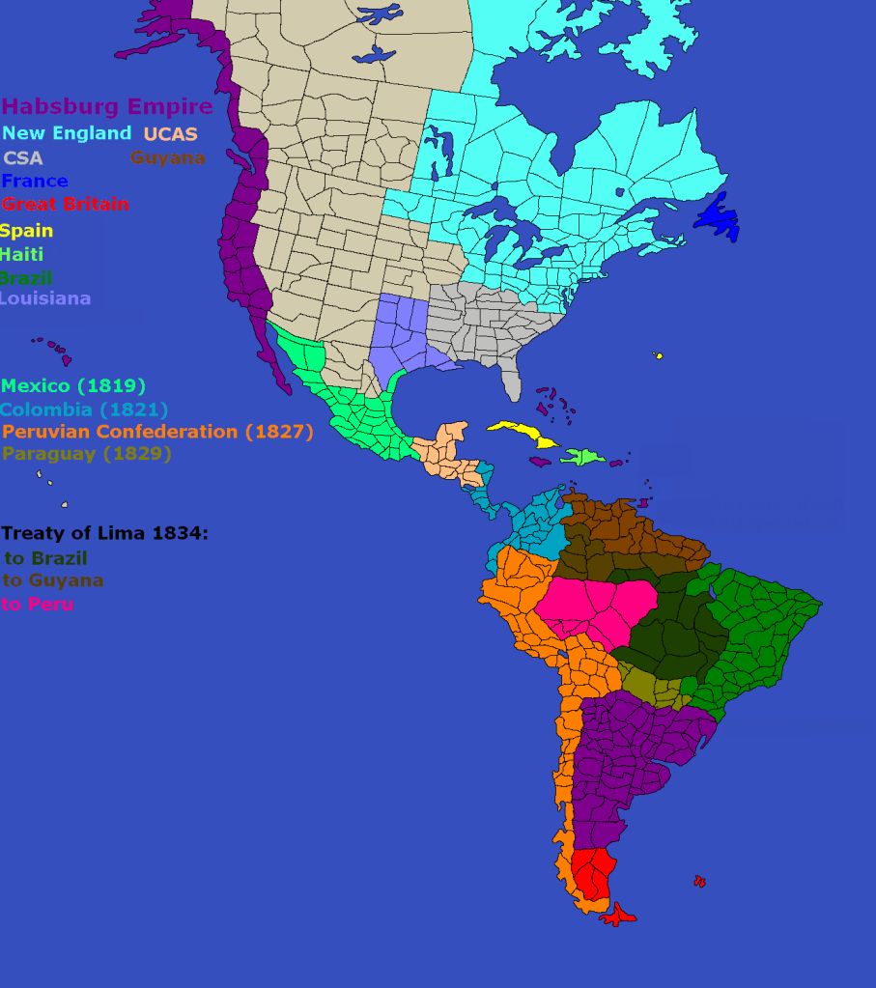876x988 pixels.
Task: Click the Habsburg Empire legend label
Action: tap(107, 106)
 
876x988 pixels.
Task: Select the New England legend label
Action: tap(67, 133)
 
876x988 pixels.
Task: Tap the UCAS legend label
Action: tap(170, 134)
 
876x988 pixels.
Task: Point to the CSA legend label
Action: tap(22, 158)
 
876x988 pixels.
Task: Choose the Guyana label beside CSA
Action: tap(167, 157)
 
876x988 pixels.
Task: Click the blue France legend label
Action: tap(35, 182)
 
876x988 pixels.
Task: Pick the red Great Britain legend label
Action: tap(65, 205)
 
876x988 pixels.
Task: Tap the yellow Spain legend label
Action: tap(26, 232)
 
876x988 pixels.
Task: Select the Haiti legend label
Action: tap(21, 255)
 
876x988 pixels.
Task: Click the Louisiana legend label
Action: tap(44, 298)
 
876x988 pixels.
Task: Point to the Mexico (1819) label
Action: tap(73, 386)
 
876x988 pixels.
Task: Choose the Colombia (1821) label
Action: tap(85, 409)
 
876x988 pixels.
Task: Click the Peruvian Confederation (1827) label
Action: tap(157, 432)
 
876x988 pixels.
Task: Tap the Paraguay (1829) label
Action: tap(87, 454)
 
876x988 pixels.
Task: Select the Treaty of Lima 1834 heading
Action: tap(104, 533)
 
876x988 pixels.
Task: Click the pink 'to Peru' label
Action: tap(38, 605)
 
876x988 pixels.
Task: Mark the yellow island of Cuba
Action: tap(523, 433)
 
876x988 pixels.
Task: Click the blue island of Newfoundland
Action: tap(718, 218)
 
